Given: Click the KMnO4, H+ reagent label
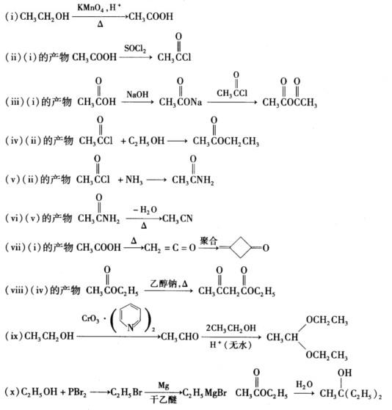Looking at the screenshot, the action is coord(99,8).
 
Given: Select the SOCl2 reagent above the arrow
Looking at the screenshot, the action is coord(135,48).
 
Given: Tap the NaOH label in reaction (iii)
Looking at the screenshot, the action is coord(137,94).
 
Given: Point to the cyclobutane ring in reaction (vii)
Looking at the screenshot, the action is coord(241,247).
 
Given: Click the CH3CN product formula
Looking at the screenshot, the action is coord(178,219).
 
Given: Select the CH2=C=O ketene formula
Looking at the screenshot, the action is coord(170,248).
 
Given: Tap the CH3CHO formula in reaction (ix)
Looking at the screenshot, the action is coord(180,337).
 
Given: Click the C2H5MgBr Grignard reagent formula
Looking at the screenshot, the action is coord(204,392).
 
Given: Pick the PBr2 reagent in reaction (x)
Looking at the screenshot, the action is coord(77,392).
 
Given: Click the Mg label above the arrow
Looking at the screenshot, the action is coord(164,386).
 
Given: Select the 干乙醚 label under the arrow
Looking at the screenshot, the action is coord(163,400).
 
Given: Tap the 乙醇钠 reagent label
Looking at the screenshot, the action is coord(164,283).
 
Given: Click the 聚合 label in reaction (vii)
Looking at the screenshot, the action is coord(208,241).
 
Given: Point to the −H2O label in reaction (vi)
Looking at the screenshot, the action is coord(145,210).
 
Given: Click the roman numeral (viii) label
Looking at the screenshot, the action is coord(16,290).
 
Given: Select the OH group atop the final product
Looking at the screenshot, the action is coord(344,373).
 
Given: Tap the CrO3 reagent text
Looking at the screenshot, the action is coord(90,319).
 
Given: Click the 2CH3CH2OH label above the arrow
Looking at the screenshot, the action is coord(231,328).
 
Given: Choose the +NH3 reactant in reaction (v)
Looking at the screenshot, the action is coord(130,180).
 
